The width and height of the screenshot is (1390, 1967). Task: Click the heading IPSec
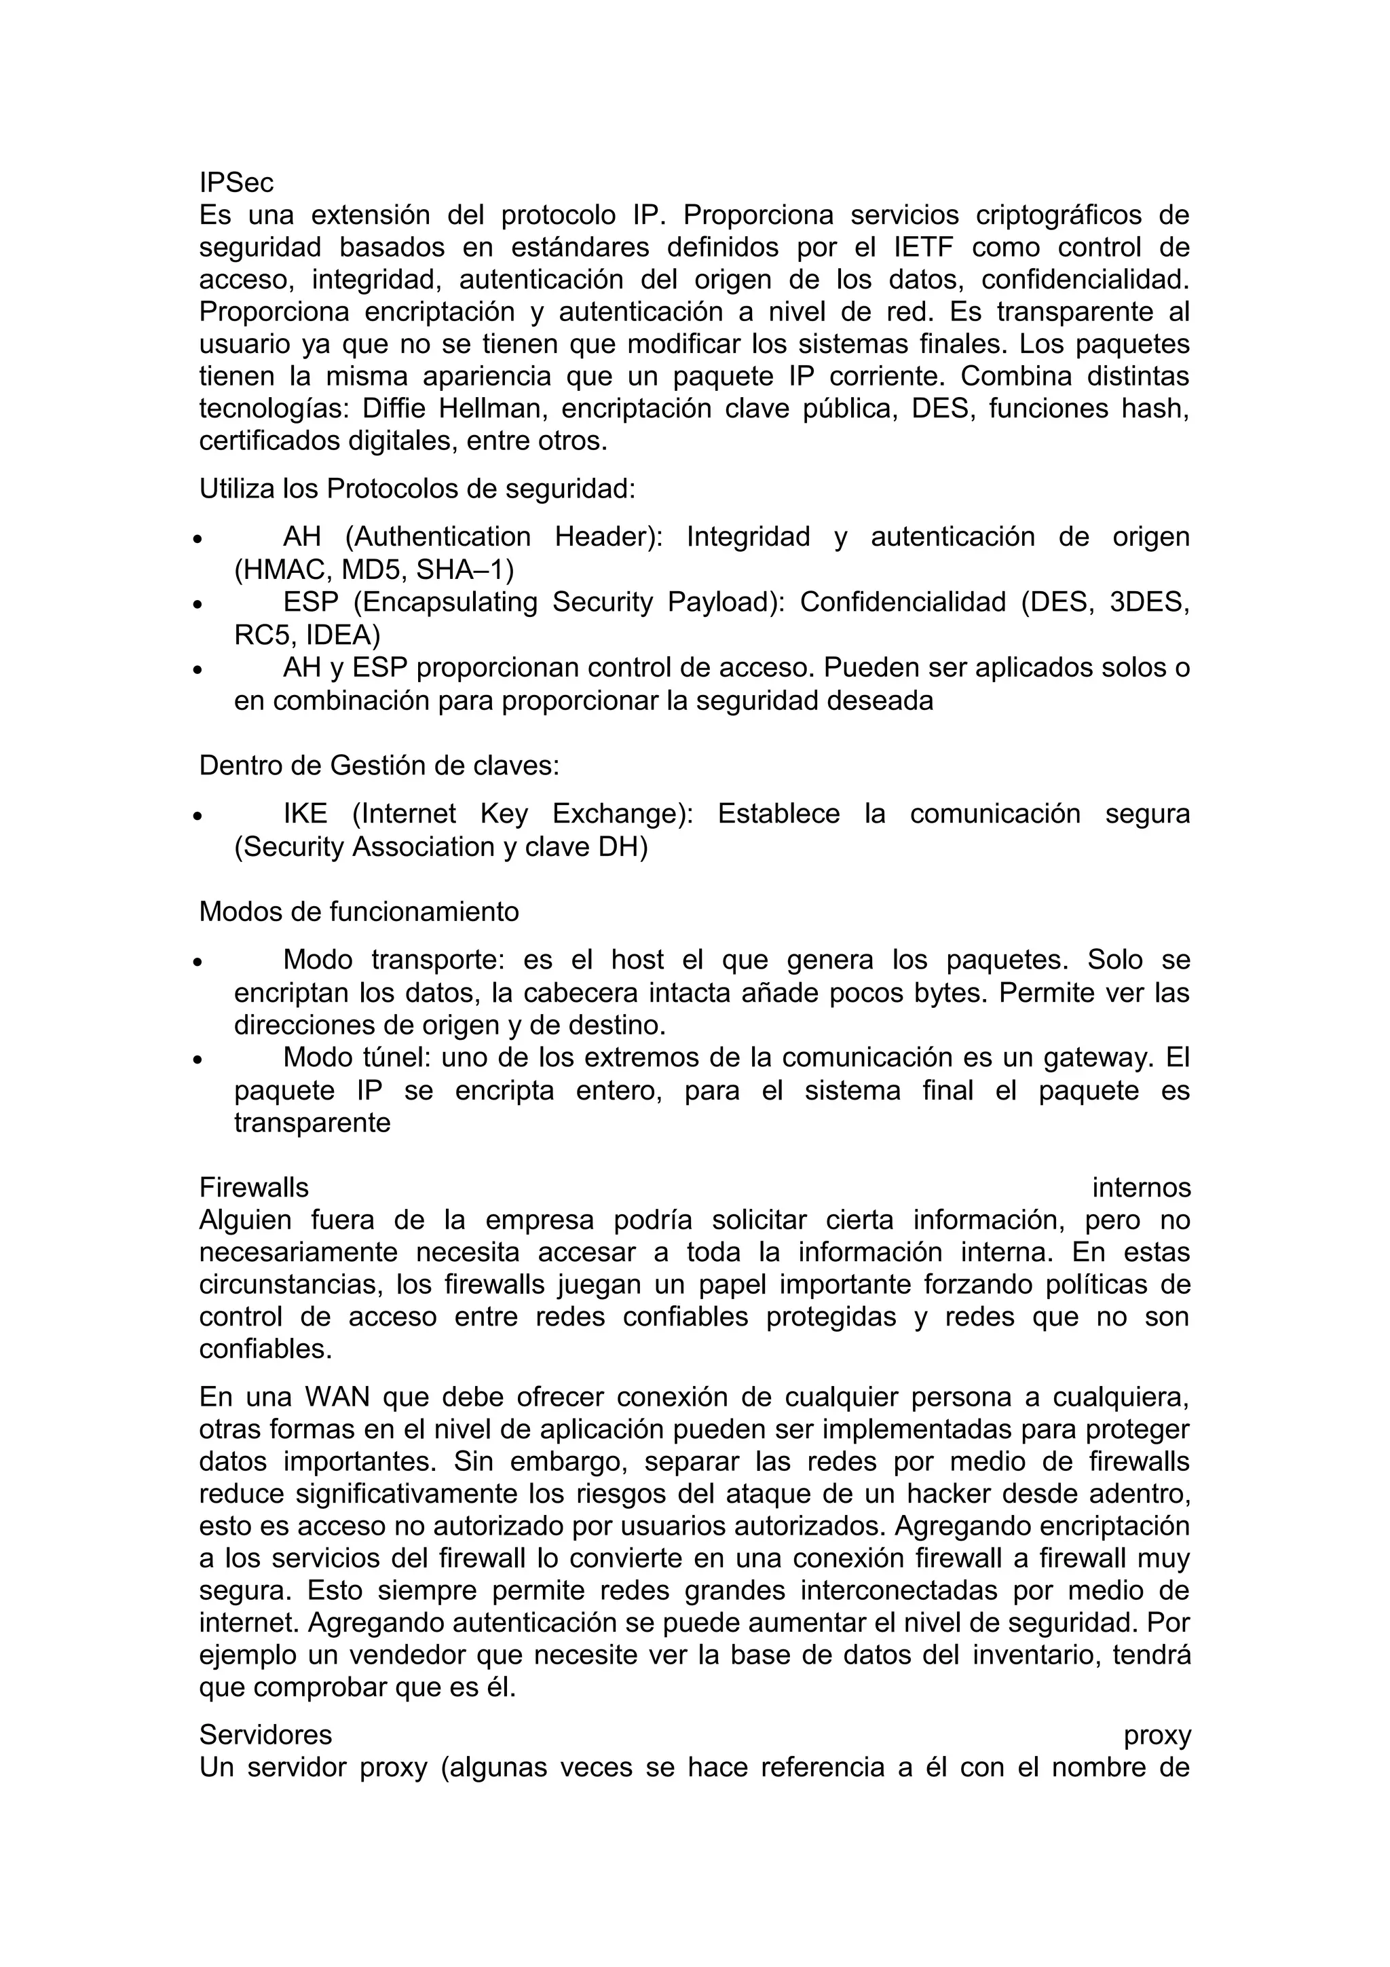point(236,183)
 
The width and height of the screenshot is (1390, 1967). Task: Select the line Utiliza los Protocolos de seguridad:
point(417,489)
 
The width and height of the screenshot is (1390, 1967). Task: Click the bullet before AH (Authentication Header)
point(197,540)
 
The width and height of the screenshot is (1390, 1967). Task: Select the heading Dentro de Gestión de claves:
point(379,765)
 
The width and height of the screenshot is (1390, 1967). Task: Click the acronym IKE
point(305,813)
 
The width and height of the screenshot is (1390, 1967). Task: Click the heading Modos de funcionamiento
point(359,911)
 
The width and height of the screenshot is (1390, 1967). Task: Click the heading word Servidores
point(265,1735)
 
